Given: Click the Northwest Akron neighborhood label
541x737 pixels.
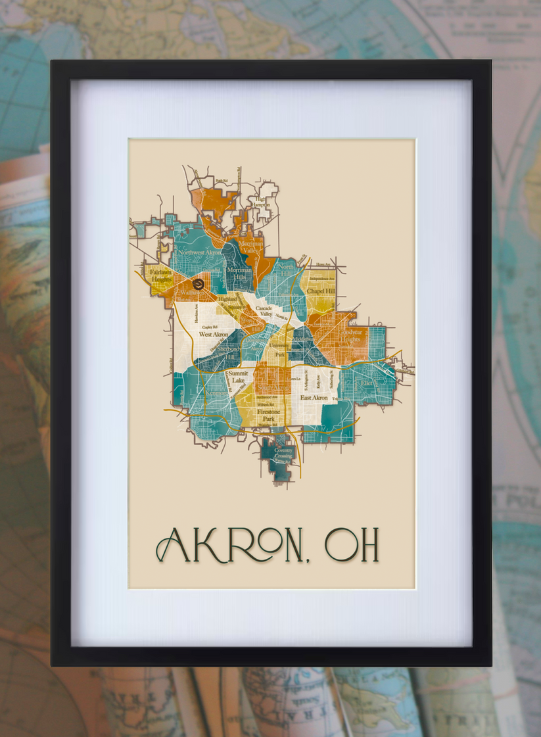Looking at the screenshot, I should (199, 252).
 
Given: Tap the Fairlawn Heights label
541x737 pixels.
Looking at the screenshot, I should (160, 275).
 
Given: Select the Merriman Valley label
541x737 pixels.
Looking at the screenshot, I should (251, 247).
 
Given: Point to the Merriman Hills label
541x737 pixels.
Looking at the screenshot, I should (239, 273).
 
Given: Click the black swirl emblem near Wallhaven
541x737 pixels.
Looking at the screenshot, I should (199, 283).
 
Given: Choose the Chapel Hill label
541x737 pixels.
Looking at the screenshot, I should (320, 291).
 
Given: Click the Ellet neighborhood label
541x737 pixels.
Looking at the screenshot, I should (365, 381).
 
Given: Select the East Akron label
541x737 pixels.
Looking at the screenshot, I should (314, 398).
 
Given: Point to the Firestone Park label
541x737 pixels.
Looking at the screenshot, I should (268, 415).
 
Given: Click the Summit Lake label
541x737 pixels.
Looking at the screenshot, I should (239, 377).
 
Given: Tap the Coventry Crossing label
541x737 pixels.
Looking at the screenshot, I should (279, 454).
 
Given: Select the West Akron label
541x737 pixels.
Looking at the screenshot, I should (214, 335).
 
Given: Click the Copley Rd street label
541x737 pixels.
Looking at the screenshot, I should (210, 326).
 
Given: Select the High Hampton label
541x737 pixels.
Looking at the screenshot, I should (262, 201).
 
